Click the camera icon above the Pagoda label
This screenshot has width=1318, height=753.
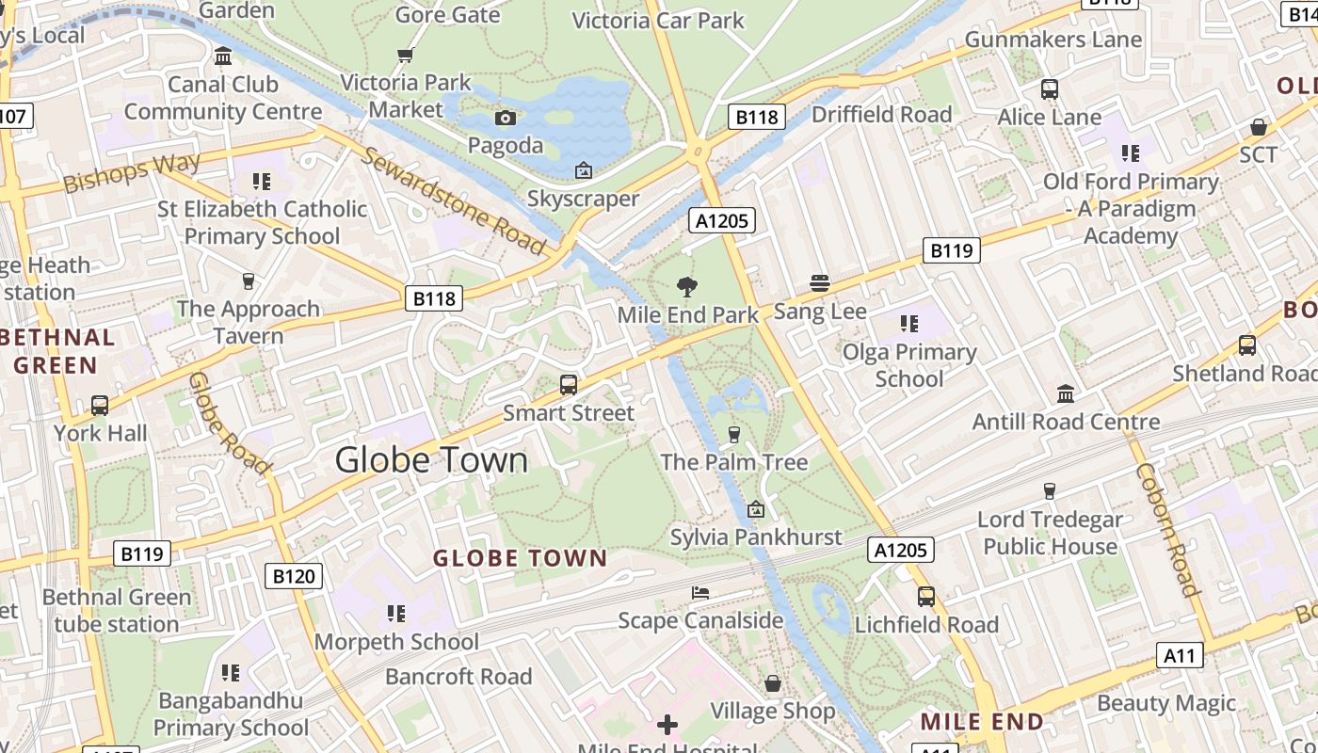click(506, 118)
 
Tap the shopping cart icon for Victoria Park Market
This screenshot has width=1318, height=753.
click(406, 56)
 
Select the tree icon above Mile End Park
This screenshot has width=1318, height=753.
click(687, 286)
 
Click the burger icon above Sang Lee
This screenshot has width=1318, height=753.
click(819, 283)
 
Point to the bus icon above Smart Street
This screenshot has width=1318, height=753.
click(569, 384)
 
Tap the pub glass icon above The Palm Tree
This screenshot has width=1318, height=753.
click(734, 434)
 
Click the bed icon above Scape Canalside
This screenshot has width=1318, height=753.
click(700, 593)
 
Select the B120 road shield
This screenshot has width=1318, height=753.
click(293, 576)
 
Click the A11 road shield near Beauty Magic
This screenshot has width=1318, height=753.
click(1180, 655)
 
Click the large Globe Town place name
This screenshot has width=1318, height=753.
click(431, 460)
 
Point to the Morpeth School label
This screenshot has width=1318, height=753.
click(396, 642)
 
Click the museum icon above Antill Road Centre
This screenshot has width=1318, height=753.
click(1066, 393)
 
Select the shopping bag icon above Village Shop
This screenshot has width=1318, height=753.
click(773, 683)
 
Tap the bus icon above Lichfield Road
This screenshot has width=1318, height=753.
click(926, 596)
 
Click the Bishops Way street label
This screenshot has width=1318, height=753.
click(132, 172)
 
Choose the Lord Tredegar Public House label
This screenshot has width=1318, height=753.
click(1050, 533)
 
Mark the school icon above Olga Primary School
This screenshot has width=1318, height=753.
click(908, 325)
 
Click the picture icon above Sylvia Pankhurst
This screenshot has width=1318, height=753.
click(755, 509)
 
